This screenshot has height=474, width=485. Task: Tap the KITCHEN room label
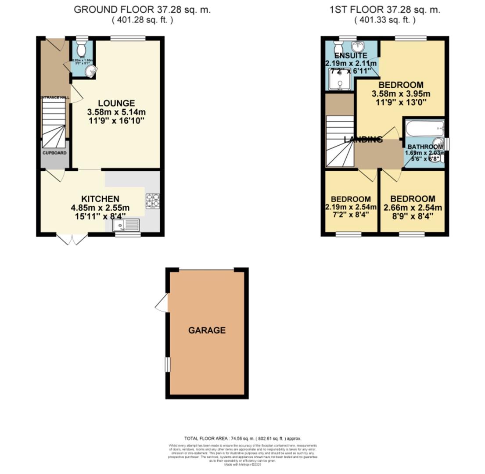(101, 199)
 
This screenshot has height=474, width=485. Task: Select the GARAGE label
(207, 330)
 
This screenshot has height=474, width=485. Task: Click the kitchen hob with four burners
(153, 200)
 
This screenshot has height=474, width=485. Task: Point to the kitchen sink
(126, 226)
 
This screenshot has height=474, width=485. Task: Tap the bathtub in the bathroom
(424, 129)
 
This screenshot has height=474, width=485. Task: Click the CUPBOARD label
(54, 153)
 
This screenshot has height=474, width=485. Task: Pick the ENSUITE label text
(351, 56)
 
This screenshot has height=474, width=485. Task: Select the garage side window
(167, 364)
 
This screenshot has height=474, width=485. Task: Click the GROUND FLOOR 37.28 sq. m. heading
(142, 10)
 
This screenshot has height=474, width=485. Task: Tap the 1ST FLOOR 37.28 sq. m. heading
(385, 10)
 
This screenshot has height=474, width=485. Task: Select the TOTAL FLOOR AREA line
(242, 438)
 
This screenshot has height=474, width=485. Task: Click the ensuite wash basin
(359, 47)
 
